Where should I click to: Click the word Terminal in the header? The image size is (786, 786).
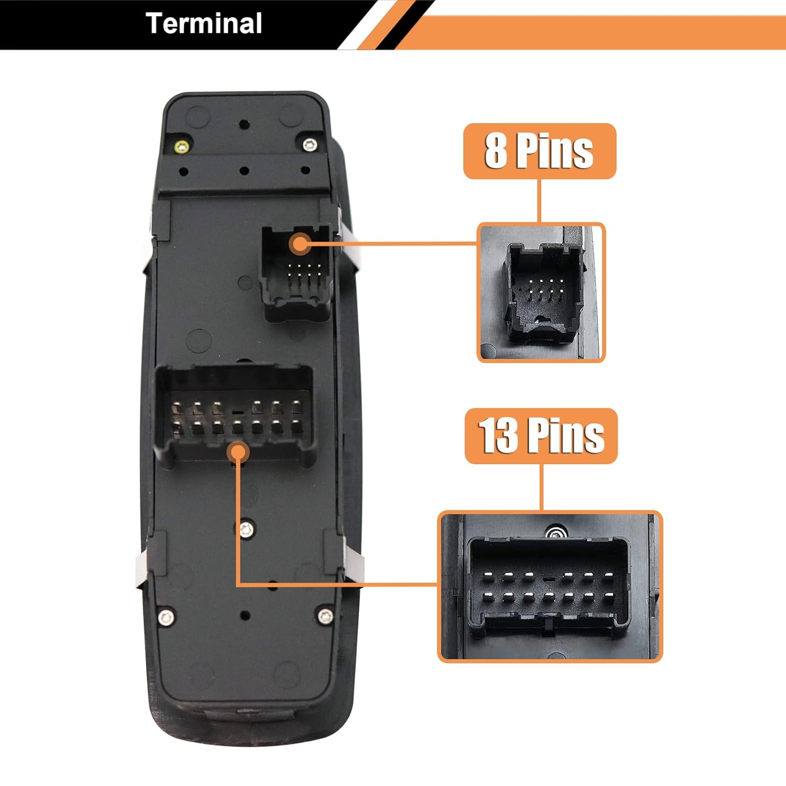(x=204, y=24)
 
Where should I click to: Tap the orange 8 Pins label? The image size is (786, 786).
(x=539, y=151)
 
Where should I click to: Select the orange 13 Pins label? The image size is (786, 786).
(x=541, y=436)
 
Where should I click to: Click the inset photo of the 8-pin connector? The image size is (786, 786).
(x=541, y=292)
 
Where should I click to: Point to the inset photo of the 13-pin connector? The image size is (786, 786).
(x=550, y=587)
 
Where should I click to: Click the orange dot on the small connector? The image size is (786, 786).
(x=300, y=244)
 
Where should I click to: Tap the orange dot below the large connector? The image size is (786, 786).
(x=238, y=452)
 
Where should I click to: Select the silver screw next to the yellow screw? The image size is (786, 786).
(x=310, y=145)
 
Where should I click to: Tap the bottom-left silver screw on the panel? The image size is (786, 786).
(x=166, y=618)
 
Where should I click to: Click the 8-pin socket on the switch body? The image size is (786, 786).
(x=297, y=272)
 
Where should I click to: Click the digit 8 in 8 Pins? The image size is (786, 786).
(x=496, y=151)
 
